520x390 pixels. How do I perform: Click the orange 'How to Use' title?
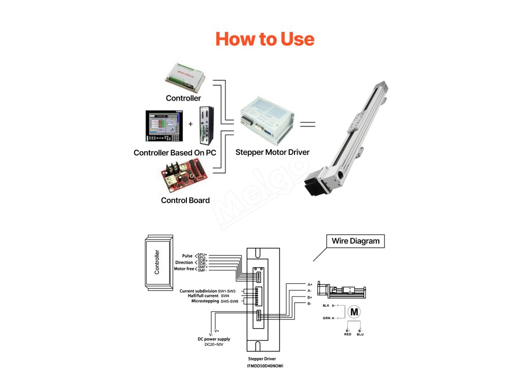coord(265,39)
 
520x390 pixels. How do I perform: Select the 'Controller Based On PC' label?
coord(175,152)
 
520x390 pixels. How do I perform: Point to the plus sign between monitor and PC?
coord(191,124)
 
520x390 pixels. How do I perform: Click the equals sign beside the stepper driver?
coord(307,124)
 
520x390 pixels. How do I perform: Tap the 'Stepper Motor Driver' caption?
coord(272,152)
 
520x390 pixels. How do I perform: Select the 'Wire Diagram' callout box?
coord(355,241)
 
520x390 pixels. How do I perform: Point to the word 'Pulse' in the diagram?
coord(187,256)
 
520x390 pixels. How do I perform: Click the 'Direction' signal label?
coord(184,263)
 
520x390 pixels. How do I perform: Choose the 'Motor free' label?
coord(184,269)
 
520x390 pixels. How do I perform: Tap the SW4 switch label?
coord(225,296)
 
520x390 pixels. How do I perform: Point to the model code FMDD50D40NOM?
coord(265,366)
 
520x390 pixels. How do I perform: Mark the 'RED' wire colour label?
coord(347,334)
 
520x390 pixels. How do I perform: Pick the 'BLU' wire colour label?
coord(360,334)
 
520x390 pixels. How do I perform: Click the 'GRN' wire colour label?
coord(326,318)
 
